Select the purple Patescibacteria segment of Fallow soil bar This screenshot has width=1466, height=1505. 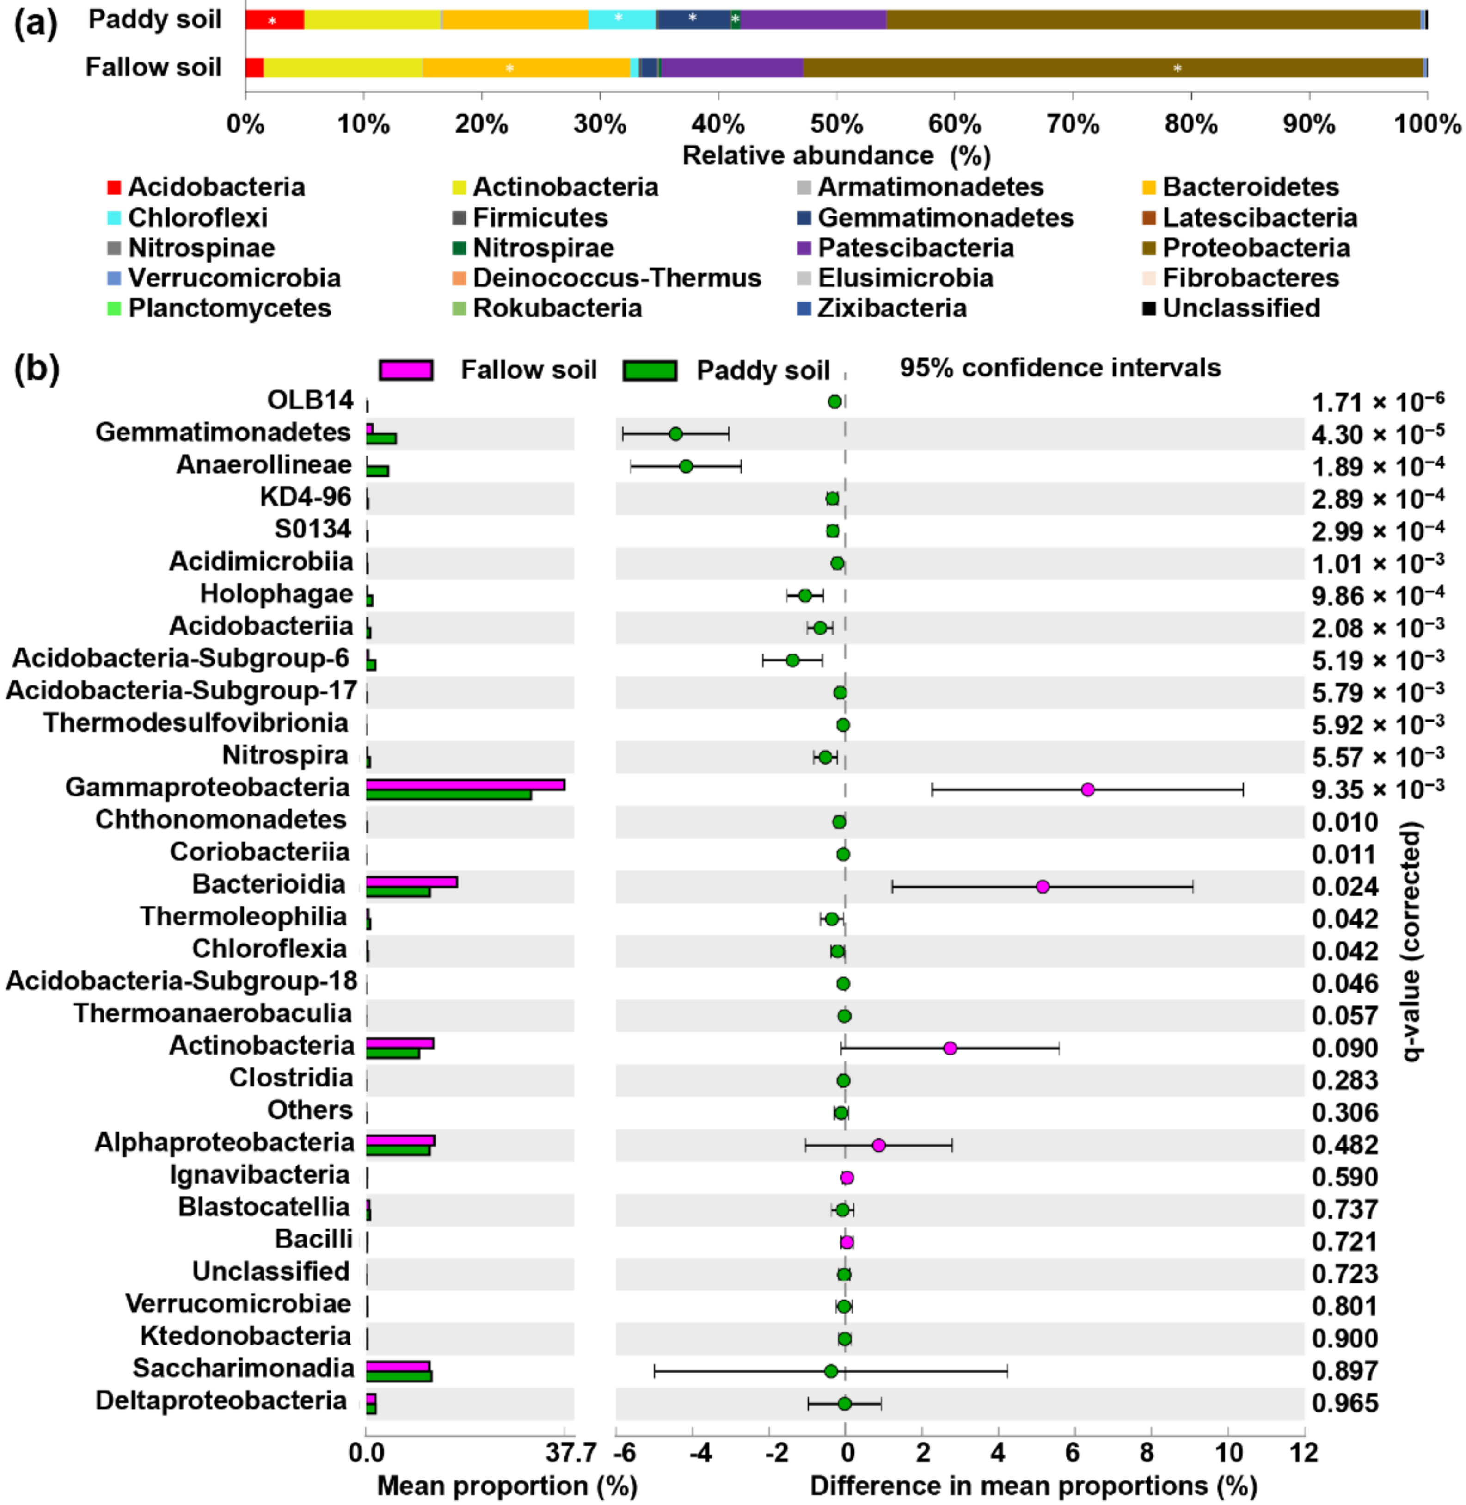731,68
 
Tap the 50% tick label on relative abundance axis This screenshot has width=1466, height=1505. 836,123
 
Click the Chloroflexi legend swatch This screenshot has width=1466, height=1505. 114,218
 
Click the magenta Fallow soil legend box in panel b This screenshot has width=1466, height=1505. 406,370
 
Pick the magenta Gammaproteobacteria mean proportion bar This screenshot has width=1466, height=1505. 465,784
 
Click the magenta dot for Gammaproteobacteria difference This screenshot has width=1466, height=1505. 1087,789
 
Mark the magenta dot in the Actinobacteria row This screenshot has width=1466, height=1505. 950,1048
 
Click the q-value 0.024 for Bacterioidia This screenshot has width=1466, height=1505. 1344,887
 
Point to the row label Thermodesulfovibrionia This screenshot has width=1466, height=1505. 196,723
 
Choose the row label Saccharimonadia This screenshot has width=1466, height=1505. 243,1368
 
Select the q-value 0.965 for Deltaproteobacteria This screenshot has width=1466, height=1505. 1344,1403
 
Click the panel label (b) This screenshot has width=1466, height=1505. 36,369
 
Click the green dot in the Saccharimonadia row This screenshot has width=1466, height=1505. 831,1371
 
